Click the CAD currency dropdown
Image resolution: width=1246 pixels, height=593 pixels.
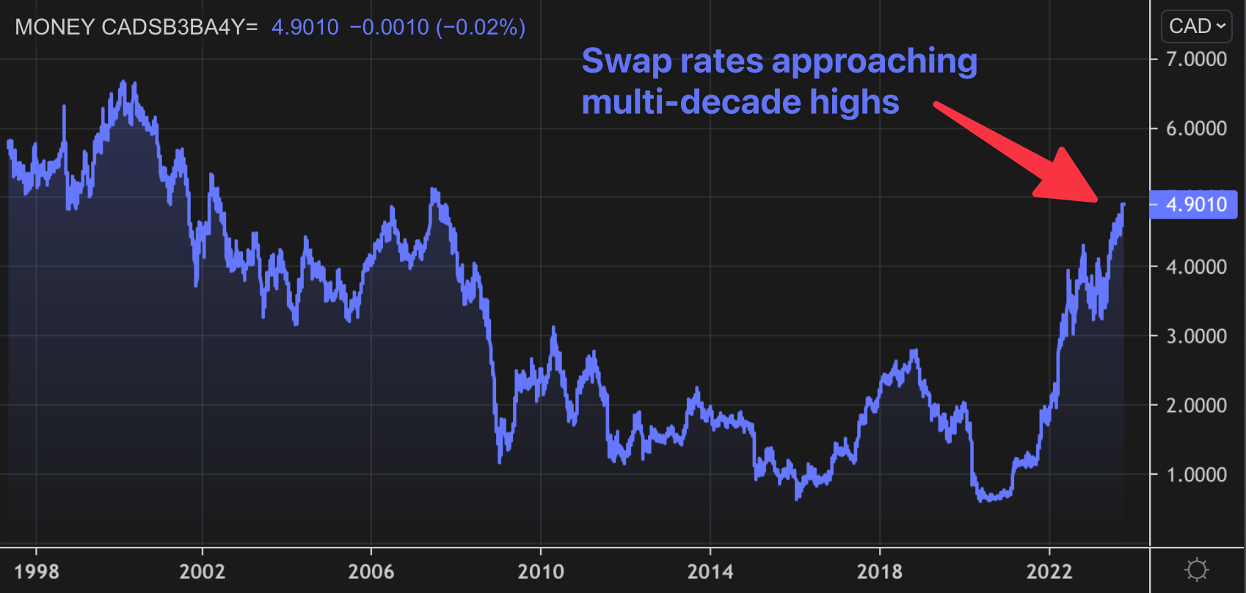(x=1196, y=26)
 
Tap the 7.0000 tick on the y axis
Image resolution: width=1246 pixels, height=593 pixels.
(x=1196, y=59)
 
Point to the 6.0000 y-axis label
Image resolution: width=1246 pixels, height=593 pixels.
(x=1196, y=128)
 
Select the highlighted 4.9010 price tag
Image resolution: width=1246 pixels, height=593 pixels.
(x=1195, y=204)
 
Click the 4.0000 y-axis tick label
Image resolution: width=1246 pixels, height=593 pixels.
(x=1196, y=266)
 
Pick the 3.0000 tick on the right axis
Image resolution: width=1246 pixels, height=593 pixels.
(x=1196, y=336)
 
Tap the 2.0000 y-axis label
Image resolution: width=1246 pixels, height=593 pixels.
(x=1196, y=405)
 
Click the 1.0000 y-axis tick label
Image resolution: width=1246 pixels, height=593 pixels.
(x=1196, y=475)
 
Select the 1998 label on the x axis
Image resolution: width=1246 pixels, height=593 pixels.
(x=37, y=571)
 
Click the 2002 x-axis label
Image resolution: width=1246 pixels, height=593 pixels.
(x=203, y=571)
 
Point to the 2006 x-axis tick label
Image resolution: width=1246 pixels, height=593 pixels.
(x=371, y=571)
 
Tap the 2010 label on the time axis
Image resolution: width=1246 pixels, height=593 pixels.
(x=541, y=571)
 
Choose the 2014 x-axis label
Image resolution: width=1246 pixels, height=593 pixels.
(x=710, y=571)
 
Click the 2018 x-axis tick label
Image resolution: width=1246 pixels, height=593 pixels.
(x=880, y=571)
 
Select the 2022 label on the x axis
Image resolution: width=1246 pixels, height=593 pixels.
(x=1049, y=571)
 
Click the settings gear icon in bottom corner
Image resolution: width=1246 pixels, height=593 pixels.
(x=1197, y=570)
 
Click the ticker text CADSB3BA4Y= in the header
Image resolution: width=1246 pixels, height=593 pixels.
(x=180, y=27)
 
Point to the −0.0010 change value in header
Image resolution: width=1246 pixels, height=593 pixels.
(x=389, y=27)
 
